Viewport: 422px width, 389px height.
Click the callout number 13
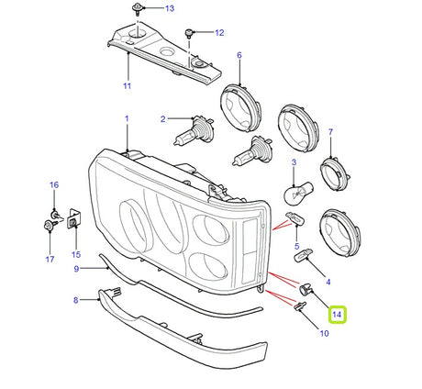point(168,9)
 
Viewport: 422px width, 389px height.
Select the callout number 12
point(219,33)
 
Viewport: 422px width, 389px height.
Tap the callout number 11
point(127,86)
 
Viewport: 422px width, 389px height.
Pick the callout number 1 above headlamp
point(127,118)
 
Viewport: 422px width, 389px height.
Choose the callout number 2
point(162,119)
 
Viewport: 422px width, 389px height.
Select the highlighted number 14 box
point(339,315)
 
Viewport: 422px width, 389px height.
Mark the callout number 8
point(75,299)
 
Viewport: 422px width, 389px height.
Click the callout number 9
point(78,268)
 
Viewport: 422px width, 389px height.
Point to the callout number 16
point(53,184)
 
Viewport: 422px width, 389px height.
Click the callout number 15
point(76,254)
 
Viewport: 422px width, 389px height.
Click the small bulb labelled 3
point(294,191)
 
